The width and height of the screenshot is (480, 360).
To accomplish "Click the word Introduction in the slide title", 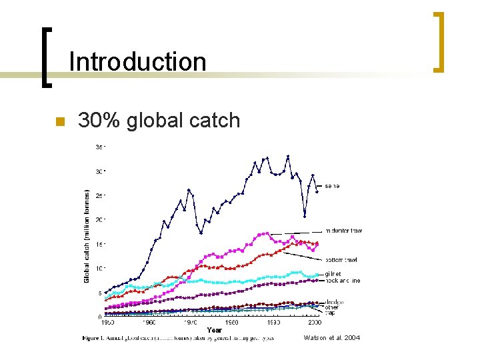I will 137,61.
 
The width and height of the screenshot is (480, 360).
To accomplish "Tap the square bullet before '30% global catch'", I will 58,121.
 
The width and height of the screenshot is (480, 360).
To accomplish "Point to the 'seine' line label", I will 332,186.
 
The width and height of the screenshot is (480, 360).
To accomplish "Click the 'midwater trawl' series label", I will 344,231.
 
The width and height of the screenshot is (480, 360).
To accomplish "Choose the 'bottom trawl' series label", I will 341,259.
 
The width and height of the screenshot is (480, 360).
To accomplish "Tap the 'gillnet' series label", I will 333,274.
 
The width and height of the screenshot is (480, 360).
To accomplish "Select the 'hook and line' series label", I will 343,281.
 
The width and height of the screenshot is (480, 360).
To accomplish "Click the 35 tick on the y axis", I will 99,147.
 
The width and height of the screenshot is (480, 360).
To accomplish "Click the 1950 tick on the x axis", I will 107,323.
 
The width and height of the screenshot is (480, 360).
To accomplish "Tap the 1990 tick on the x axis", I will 273,323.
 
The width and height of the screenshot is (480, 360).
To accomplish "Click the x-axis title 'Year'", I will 214,329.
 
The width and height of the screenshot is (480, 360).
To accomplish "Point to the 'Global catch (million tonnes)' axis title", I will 87,235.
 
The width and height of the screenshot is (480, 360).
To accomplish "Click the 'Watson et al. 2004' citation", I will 331,338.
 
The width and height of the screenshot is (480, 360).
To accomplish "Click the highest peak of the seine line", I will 287,156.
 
